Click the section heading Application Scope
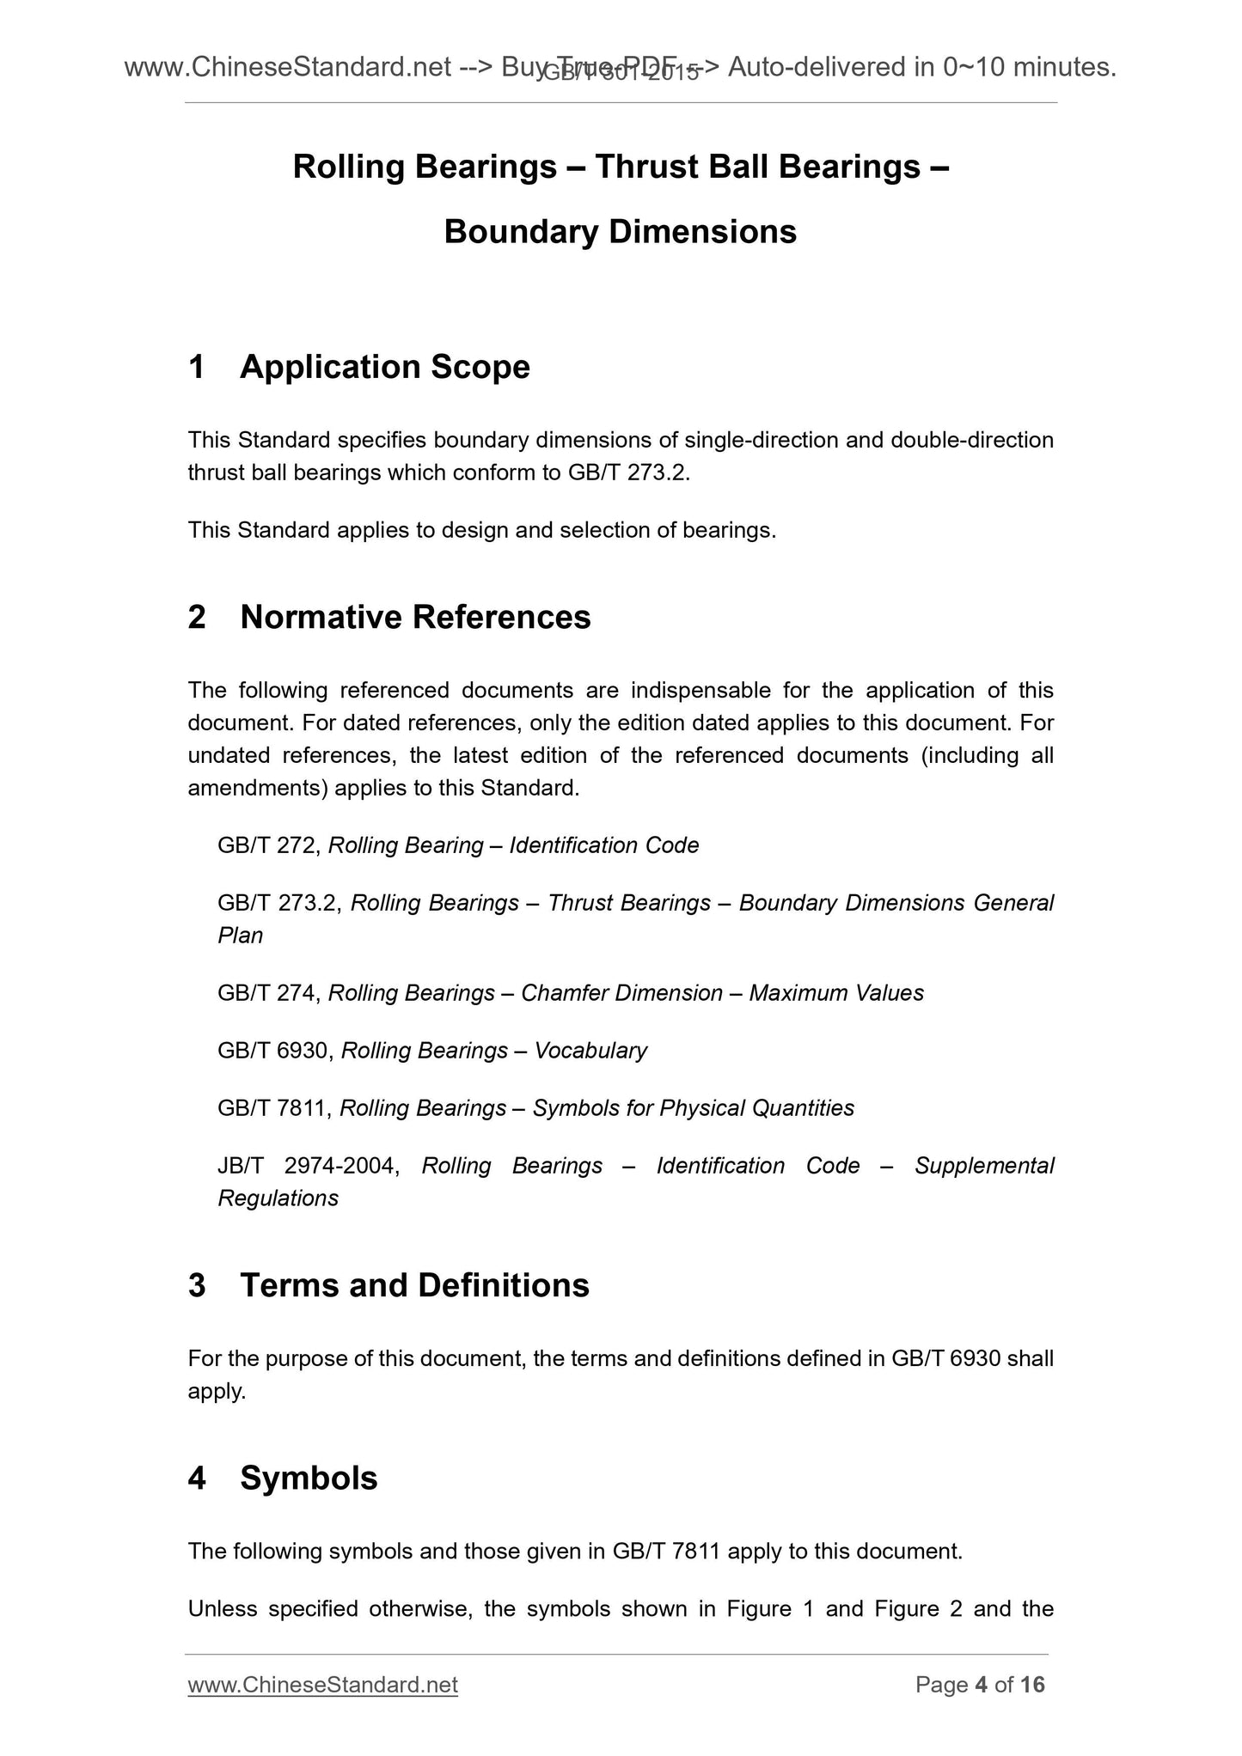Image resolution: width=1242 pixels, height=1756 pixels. pos(384,368)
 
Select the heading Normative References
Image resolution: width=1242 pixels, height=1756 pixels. pos(415,618)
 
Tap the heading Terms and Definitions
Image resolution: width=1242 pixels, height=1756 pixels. pos(414,1286)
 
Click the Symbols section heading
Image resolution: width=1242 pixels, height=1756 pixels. pos(309,1479)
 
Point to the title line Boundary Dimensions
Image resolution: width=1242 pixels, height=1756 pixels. pos(620,232)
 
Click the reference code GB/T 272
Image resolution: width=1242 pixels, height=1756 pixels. pos(268,846)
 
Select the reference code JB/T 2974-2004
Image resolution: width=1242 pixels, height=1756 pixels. pos(308,1166)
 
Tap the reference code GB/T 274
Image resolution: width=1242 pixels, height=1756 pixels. pos(268,994)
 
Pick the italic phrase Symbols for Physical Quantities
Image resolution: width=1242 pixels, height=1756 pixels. pos(693,1109)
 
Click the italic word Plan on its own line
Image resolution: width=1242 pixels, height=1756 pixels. pos(240,936)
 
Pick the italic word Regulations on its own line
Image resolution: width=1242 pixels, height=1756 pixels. pos(278,1199)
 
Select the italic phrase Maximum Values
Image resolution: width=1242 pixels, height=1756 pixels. pos(835,994)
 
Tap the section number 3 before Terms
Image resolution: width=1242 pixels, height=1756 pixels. pos(197,1286)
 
